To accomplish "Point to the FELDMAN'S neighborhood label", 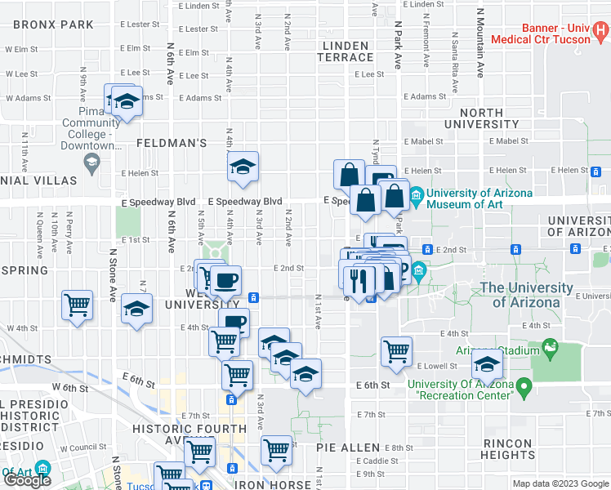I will (171, 143).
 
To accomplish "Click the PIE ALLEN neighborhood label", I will (348, 448).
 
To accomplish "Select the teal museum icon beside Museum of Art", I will (416, 194).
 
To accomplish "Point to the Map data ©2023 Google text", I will (560, 483).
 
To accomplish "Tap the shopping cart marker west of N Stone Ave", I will (78, 305).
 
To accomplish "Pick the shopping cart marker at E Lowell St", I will (396, 350).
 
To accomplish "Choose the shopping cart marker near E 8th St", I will (277, 448).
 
